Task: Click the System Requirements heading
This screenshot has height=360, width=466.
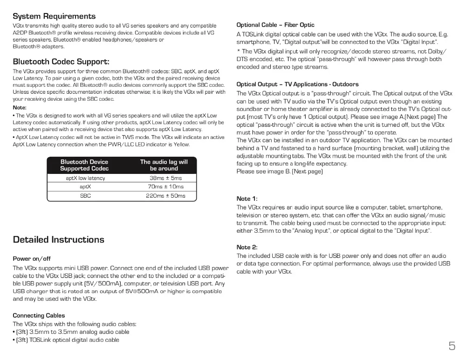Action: [x=54, y=16]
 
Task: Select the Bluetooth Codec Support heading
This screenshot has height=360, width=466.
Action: [x=61, y=62]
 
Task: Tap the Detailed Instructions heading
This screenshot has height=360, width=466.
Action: [x=59, y=240]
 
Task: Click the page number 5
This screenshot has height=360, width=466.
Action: [x=452, y=346]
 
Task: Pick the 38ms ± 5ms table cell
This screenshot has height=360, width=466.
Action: [x=165, y=178]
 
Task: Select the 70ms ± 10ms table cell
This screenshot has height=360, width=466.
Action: [x=165, y=187]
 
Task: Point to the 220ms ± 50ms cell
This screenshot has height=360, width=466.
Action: [x=165, y=196]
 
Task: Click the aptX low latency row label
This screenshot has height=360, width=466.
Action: [x=85, y=178]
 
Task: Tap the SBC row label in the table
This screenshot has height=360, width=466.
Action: [x=85, y=196]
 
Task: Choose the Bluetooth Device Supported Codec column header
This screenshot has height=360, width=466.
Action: [x=84, y=165]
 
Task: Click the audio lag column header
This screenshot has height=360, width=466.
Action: [x=164, y=165]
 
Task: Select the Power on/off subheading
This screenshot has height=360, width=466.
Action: [x=32, y=258]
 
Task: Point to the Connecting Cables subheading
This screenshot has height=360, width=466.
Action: [x=39, y=316]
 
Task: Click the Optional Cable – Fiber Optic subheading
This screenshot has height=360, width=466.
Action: [x=275, y=25]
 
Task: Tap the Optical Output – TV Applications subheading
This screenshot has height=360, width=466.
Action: [x=297, y=84]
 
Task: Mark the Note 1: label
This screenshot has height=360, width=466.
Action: [x=247, y=199]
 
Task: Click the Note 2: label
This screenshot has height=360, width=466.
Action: [x=247, y=247]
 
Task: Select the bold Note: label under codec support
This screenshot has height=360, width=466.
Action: [x=20, y=108]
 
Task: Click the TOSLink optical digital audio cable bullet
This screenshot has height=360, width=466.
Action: [x=67, y=340]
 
